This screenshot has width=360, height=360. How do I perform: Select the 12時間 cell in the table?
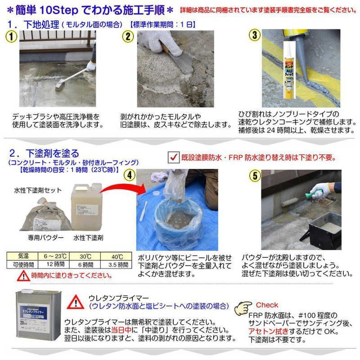57,265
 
